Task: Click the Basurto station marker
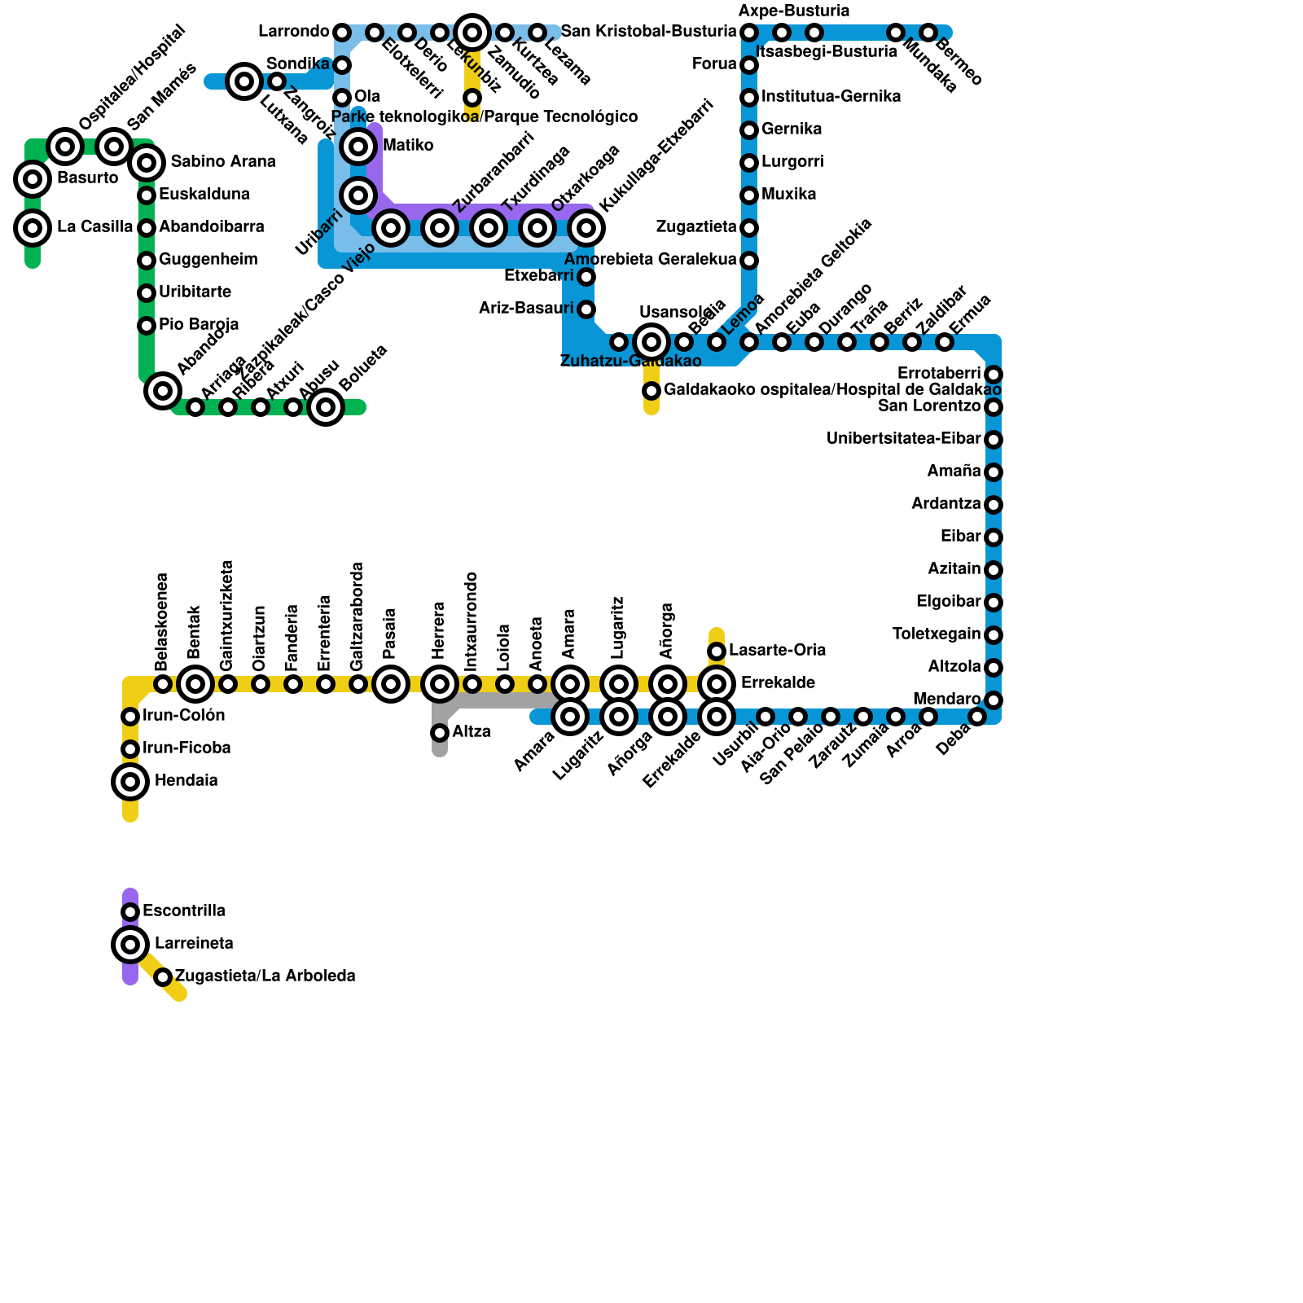click(33, 178)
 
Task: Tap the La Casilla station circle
click(33, 228)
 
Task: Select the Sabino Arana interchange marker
click(147, 163)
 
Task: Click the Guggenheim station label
click(208, 260)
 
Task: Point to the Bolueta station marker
click(326, 406)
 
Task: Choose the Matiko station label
click(408, 146)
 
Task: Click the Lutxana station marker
click(244, 81)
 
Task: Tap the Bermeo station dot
click(928, 33)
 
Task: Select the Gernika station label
click(792, 129)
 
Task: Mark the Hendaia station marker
click(130, 782)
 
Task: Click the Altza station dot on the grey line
click(440, 733)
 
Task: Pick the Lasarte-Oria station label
click(778, 651)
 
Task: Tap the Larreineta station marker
click(130, 945)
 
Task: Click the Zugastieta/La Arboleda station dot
click(163, 976)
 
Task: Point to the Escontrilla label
click(184, 911)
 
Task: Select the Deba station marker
click(977, 717)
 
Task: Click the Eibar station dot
click(994, 537)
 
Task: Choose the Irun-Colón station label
click(184, 716)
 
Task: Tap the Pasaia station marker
click(391, 684)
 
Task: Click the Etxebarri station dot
click(586, 277)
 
